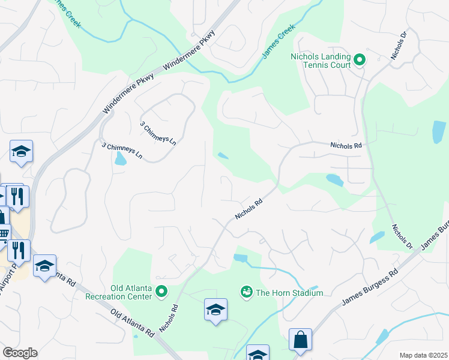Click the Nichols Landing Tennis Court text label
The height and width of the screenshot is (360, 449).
pos(319,60)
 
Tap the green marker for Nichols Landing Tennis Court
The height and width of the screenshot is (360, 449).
pos(360,59)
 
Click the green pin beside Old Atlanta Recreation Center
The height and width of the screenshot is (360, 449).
pos(161,292)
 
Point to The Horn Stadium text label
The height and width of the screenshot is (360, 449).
pos(289,293)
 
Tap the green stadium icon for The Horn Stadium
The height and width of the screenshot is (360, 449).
pos(246,292)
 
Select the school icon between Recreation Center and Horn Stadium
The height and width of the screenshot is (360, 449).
pos(215,310)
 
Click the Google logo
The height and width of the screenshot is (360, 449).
pos(20,353)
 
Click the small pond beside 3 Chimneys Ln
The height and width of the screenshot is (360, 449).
pos(121,159)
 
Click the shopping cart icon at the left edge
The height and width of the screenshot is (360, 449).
pos(4,233)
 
